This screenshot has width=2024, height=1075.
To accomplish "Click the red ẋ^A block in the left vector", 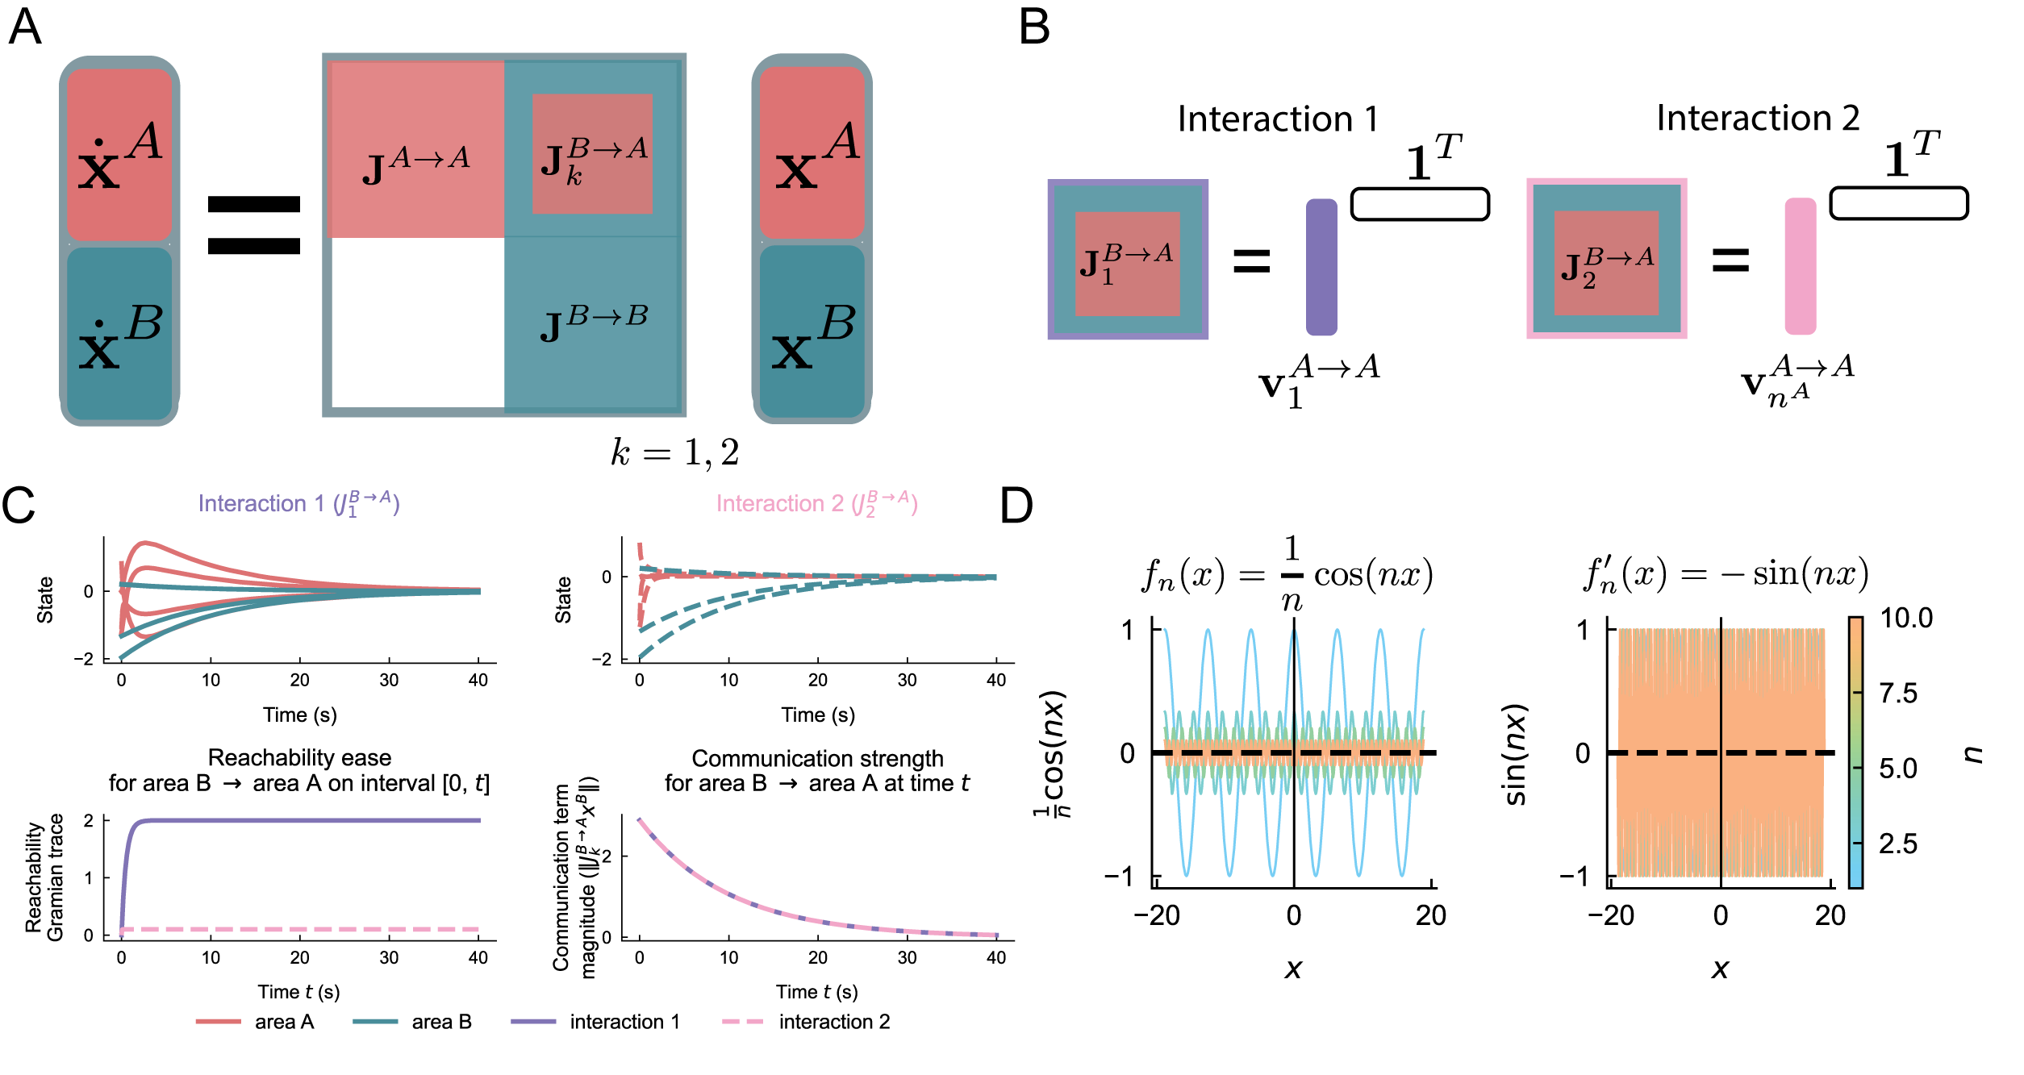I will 119,155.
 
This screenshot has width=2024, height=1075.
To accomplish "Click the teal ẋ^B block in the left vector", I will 119,334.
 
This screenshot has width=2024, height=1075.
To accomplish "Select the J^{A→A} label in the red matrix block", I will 416,165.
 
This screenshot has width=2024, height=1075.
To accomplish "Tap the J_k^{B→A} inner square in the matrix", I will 592,154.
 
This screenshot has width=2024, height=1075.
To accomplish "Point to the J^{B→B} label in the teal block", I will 594,323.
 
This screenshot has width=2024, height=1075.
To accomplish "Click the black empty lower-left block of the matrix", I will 418,323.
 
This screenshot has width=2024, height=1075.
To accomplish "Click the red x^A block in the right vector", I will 812,153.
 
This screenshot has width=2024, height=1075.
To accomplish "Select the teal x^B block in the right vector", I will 812,332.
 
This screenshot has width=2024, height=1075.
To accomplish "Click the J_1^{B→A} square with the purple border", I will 1128,260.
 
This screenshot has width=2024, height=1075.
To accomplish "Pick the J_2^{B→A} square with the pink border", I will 1606,259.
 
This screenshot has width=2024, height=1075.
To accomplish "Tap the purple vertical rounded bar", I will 1321,267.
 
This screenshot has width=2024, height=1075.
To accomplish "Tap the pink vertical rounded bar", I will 1800,266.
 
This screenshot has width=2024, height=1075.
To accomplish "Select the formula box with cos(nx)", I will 1291,569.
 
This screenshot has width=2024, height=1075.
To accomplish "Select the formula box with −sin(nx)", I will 1731,569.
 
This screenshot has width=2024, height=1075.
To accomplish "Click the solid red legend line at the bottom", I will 218,1021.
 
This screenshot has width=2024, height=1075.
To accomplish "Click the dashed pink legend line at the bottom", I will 742,1021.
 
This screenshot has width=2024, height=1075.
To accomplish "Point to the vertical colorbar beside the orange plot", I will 1855,752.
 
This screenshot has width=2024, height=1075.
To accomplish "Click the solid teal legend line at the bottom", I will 375,1021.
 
